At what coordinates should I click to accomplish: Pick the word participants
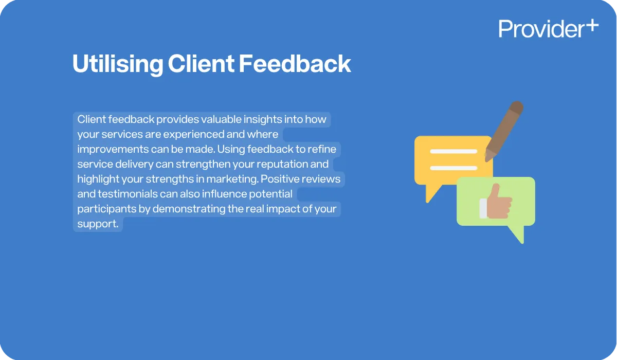point(107,209)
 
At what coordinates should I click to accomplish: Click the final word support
point(97,224)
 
